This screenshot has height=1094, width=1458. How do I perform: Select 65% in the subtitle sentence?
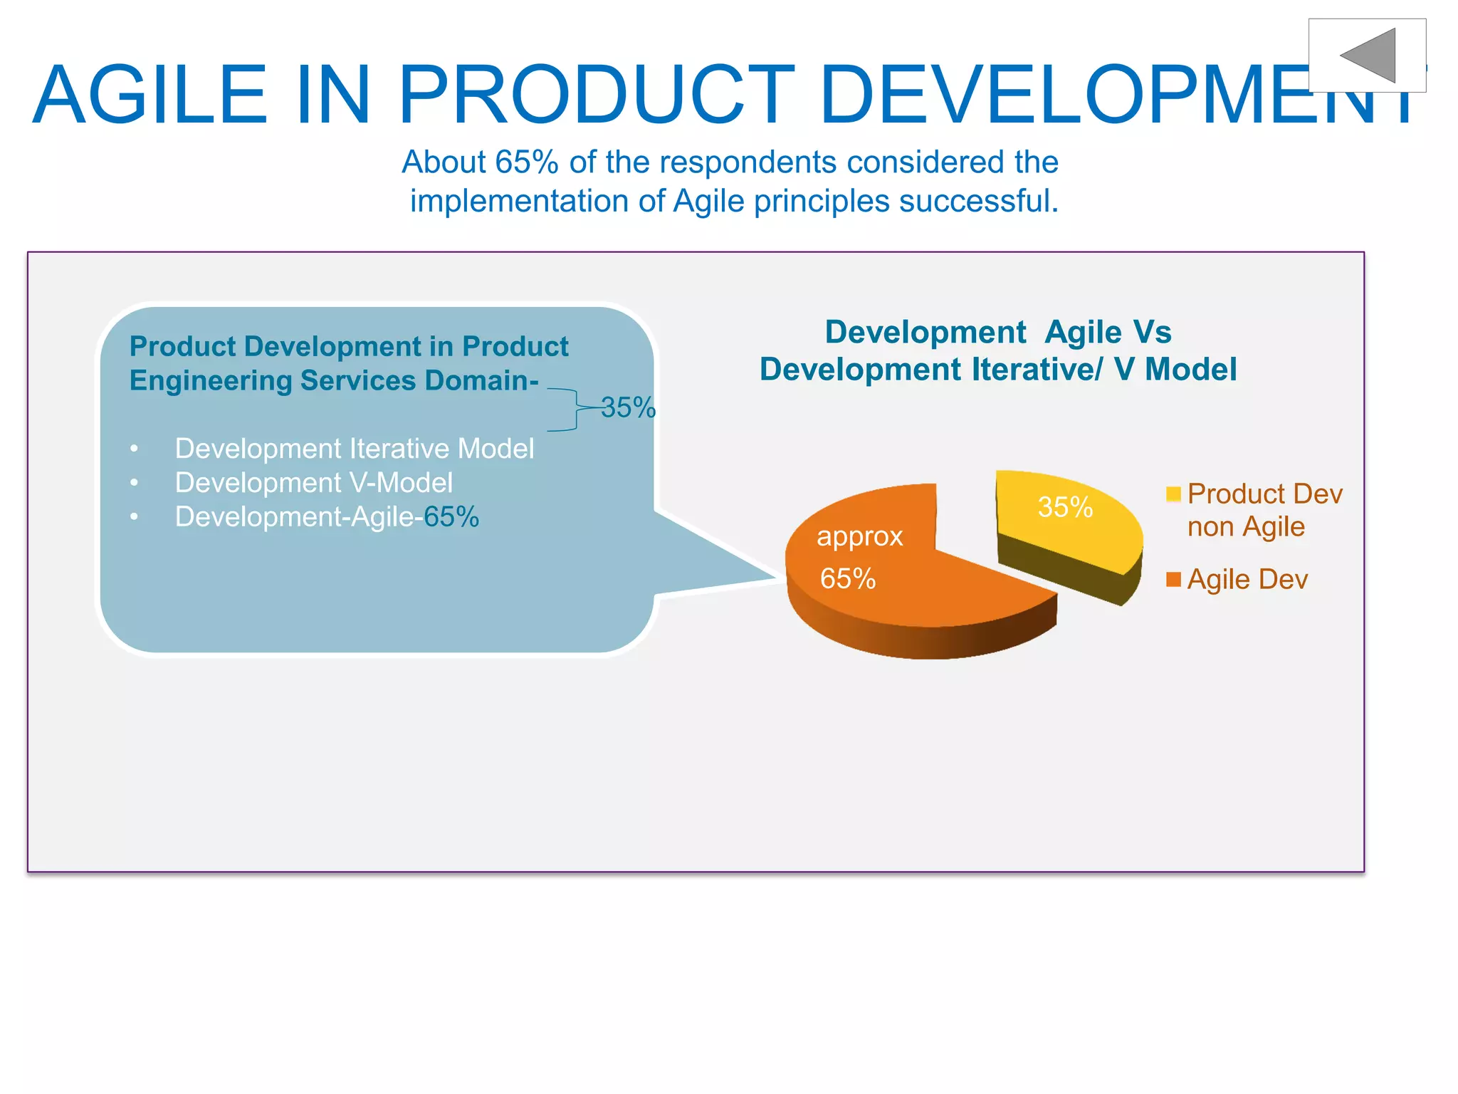[527, 162]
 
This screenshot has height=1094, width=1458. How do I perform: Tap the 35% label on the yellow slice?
[1065, 507]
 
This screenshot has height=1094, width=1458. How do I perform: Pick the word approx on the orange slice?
[859, 536]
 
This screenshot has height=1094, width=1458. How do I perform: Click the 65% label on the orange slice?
[847, 578]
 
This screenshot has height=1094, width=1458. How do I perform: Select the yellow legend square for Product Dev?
[1174, 494]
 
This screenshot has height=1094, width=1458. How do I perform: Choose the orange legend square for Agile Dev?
[1174, 579]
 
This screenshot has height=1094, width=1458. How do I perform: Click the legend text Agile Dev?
[1247, 579]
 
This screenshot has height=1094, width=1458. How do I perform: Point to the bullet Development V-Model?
[313, 483]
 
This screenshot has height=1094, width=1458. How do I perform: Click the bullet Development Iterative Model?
[354, 449]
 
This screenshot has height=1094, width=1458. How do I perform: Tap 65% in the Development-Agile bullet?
[451, 517]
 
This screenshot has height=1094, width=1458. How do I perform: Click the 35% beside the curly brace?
[627, 407]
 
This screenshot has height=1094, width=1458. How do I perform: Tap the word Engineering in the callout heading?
[211, 380]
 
